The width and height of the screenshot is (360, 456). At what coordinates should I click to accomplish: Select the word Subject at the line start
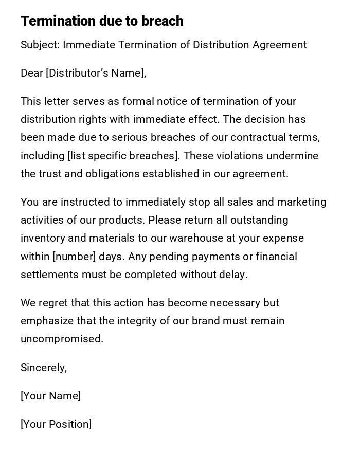tap(39, 45)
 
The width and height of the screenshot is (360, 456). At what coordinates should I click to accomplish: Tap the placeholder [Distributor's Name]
tap(96, 73)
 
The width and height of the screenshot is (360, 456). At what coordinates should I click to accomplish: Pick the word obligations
tap(112, 174)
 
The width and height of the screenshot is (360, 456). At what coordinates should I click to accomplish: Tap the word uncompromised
tap(62, 339)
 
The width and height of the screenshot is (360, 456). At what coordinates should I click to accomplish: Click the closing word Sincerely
tap(43, 368)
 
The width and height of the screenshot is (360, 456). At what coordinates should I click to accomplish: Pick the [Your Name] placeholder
tap(50, 396)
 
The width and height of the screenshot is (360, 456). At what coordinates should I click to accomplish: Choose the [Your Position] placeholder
tap(56, 424)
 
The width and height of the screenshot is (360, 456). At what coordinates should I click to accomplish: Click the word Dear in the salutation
tap(31, 73)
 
